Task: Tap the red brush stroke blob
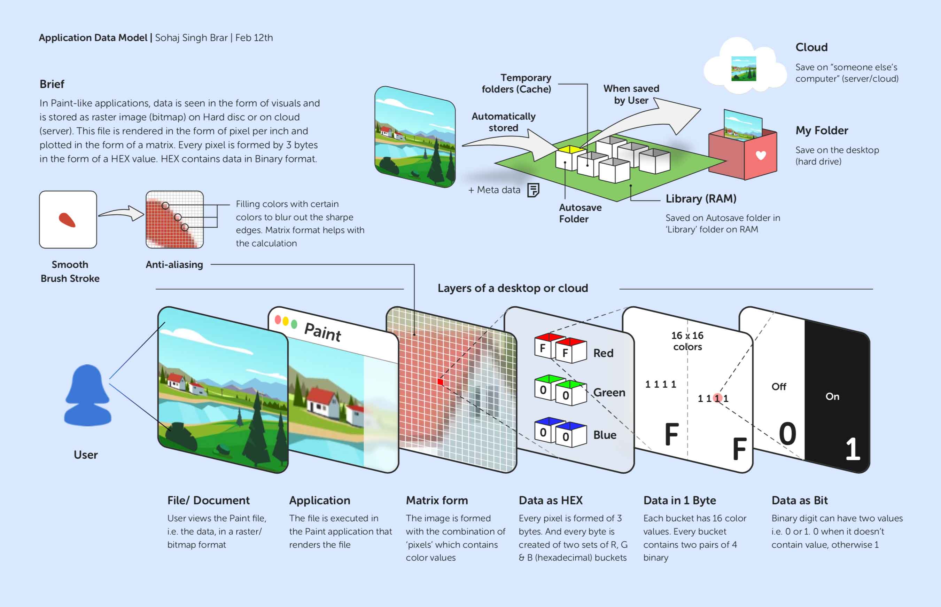click(x=67, y=220)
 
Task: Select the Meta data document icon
click(x=533, y=190)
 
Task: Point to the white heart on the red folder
click(x=761, y=155)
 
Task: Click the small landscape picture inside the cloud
click(x=744, y=69)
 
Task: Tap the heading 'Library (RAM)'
click(x=701, y=199)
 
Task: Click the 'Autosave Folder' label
click(x=580, y=213)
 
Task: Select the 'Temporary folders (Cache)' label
click(x=516, y=84)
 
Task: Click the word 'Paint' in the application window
click(x=322, y=332)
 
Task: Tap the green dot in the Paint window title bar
click(x=294, y=324)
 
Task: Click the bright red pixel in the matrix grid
click(x=440, y=382)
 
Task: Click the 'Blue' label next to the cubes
click(x=605, y=435)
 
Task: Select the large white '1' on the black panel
click(x=852, y=449)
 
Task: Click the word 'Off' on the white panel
click(x=779, y=387)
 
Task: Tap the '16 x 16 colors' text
click(x=687, y=341)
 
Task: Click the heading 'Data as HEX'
click(x=551, y=500)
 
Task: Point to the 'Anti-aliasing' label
click(x=174, y=265)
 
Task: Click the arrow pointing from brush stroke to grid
click(x=122, y=213)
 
